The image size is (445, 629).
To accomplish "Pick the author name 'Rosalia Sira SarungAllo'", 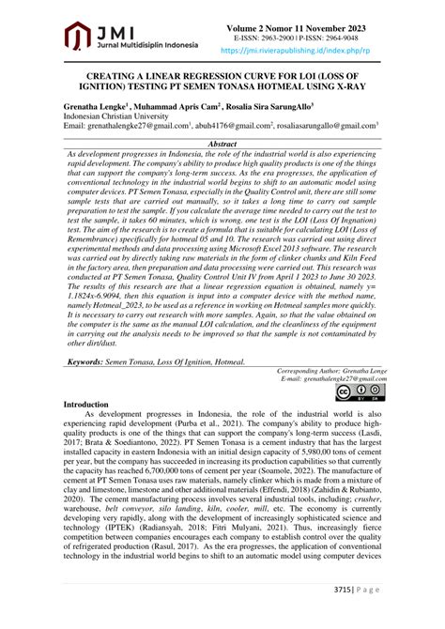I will click(x=271, y=106).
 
